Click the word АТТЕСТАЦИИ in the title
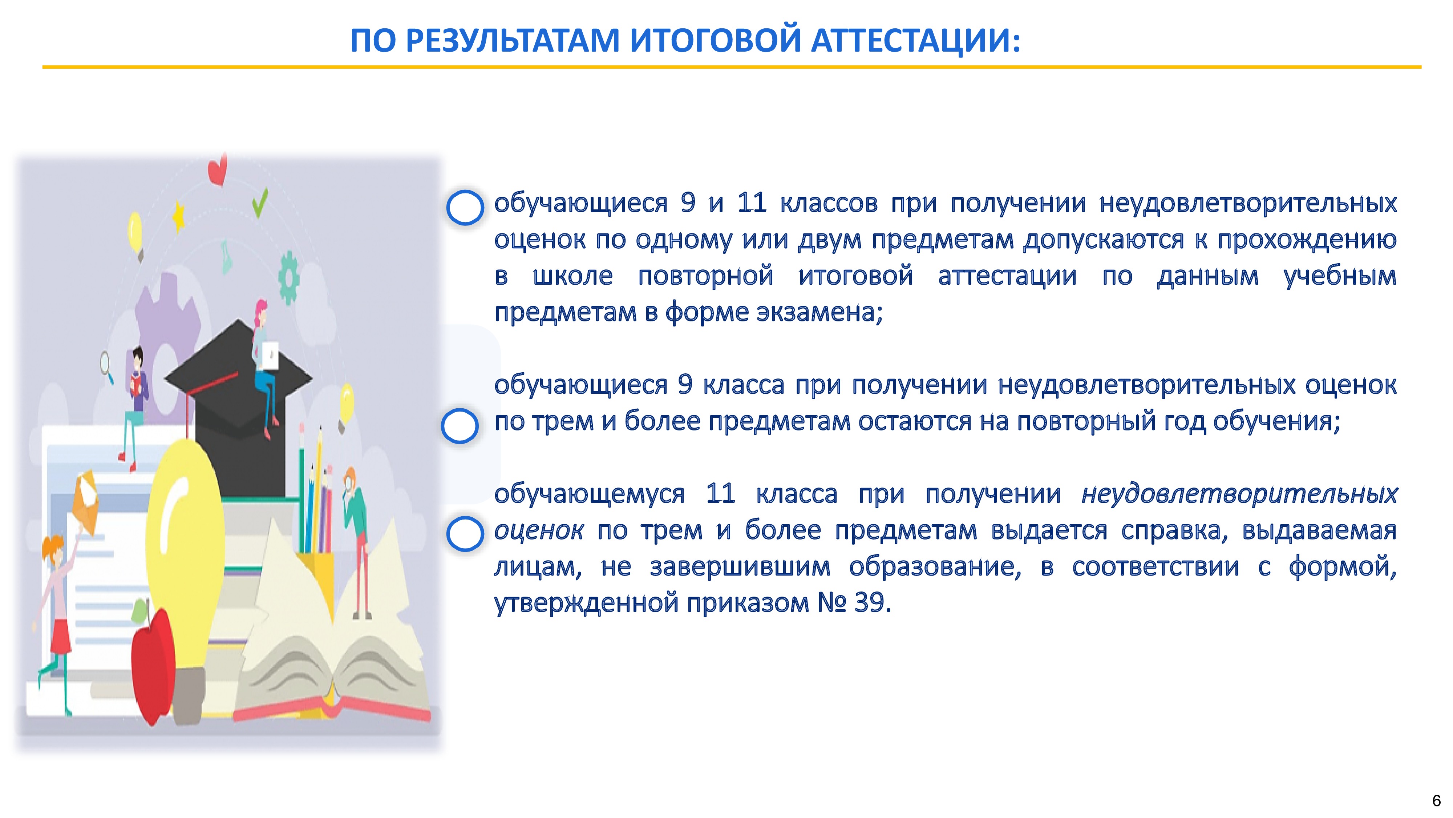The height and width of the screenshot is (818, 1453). pos(916,41)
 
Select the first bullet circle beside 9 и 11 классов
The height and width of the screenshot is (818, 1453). pos(465,207)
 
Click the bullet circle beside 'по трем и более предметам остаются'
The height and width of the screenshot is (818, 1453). pos(460,426)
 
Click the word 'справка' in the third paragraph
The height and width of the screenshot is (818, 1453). pos(1174,531)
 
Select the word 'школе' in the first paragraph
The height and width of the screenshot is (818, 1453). pos(572,276)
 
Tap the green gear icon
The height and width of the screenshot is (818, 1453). pos(289,278)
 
